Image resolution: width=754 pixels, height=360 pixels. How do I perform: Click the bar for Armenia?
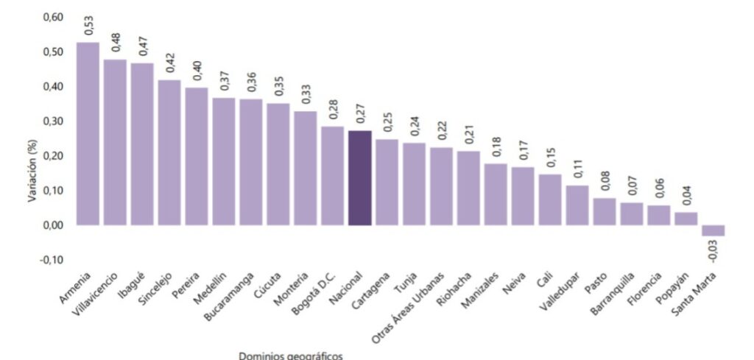tap(88, 133)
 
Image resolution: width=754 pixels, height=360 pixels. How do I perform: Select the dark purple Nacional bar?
tap(359, 177)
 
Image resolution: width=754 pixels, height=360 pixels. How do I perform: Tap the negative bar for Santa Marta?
tap(713, 230)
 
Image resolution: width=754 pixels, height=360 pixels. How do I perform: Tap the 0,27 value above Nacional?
tap(360, 114)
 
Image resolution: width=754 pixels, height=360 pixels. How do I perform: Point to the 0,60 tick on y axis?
tap(54, 17)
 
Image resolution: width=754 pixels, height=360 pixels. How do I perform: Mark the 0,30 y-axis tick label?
tap(54, 121)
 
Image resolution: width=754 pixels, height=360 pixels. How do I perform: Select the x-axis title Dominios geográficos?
tap(290, 355)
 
